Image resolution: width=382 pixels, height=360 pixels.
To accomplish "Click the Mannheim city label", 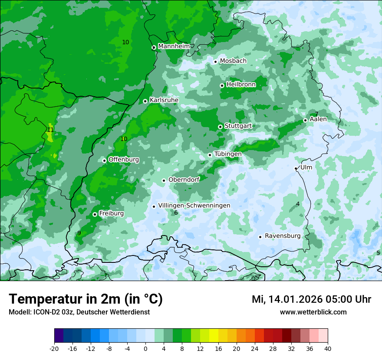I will [x=174, y=46].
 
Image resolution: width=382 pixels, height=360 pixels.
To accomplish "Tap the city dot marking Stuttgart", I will [x=221, y=127].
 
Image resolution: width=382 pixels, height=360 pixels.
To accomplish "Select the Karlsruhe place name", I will [x=164, y=100].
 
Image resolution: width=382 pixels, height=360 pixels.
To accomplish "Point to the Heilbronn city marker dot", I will [x=222, y=85].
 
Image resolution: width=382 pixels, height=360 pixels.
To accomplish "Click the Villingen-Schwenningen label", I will [x=194, y=206].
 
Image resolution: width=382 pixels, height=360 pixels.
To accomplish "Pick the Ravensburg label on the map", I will [x=283, y=236].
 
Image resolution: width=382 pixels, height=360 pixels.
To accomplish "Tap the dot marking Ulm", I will [x=296, y=168].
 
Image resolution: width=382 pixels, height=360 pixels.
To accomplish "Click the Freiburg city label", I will [x=111, y=213].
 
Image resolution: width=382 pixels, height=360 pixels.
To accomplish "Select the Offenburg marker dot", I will [x=105, y=160].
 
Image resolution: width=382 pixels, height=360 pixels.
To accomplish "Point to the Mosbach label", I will [x=233, y=61].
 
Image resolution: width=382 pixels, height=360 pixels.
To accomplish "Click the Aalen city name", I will [x=319, y=119].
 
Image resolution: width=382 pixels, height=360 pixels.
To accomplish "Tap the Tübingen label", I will [x=228, y=154].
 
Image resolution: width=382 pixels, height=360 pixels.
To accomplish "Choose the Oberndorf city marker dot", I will [x=164, y=180].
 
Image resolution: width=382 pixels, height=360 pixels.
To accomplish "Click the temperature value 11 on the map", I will [x=50, y=130].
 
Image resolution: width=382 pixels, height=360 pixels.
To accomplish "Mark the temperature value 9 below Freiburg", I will [x=79, y=233].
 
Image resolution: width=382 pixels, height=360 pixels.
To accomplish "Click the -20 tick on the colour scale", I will [x=54, y=348].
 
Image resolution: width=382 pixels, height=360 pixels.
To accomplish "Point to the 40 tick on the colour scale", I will [x=328, y=348].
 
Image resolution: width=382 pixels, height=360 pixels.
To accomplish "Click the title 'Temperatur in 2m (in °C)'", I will [x=86, y=299].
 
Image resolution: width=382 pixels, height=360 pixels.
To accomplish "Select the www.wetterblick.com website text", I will [x=313, y=312].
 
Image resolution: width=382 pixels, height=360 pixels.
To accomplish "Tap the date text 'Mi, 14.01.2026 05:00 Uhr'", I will [x=311, y=299].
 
